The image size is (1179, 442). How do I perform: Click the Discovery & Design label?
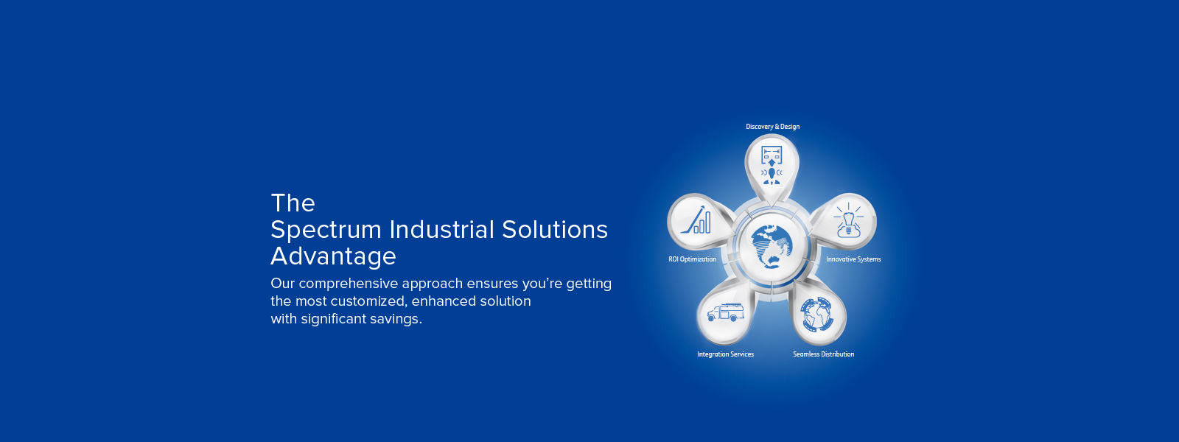(x=772, y=126)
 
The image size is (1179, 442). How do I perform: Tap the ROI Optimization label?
(x=692, y=259)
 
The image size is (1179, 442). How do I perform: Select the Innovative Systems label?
(x=853, y=259)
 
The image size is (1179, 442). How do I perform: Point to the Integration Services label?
(x=725, y=354)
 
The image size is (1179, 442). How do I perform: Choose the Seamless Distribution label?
(x=823, y=354)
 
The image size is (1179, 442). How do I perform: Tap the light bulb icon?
(x=848, y=220)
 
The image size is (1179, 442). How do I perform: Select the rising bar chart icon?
(x=696, y=220)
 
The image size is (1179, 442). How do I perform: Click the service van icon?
(x=725, y=312)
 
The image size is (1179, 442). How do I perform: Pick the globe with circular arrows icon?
(x=817, y=315)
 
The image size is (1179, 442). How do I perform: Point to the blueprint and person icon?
(x=772, y=165)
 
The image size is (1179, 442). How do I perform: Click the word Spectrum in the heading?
(x=326, y=231)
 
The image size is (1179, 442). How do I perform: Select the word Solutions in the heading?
(x=555, y=229)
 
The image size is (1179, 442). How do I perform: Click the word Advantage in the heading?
(x=333, y=257)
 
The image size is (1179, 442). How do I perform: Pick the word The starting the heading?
(x=293, y=203)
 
